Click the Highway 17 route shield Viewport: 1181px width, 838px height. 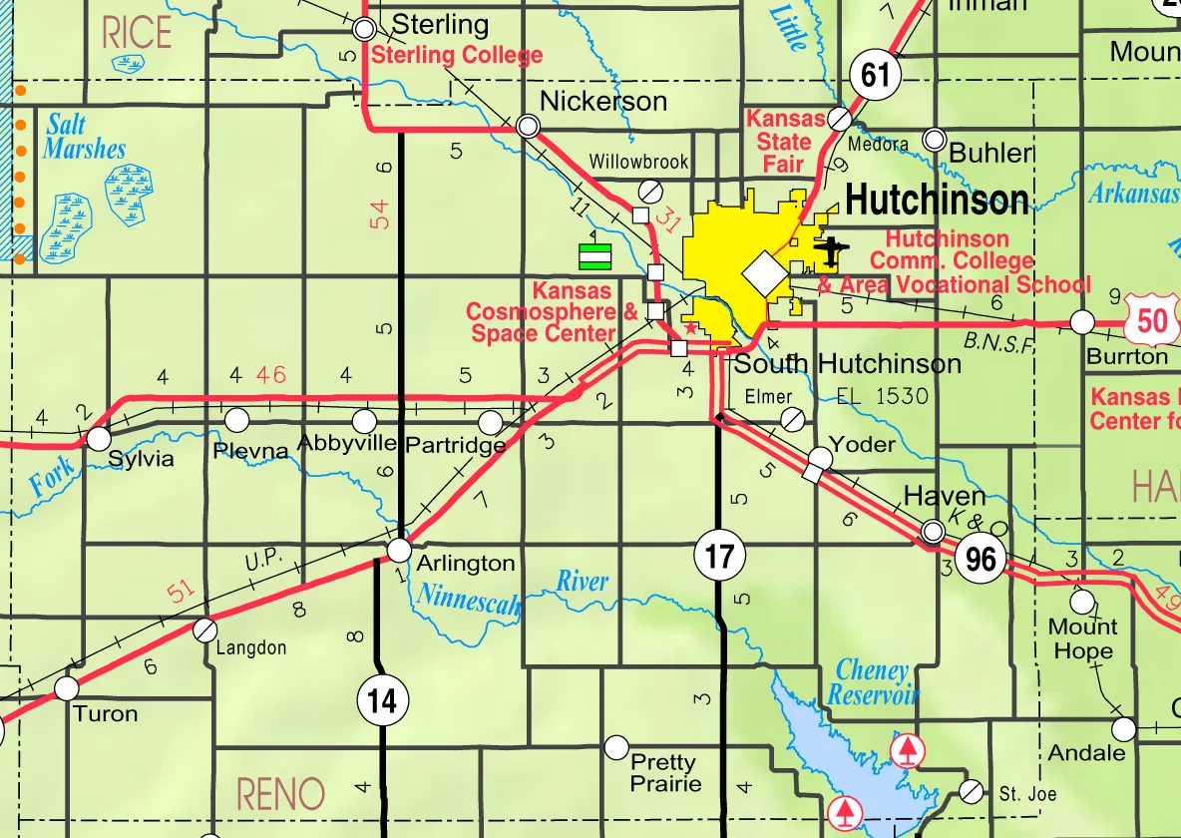pos(719,556)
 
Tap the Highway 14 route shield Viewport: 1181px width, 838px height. pos(382,701)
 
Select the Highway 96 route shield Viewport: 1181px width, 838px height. pos(981,559)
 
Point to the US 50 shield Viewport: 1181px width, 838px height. pos(1150,320)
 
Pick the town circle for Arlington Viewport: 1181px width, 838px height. pos(399,550)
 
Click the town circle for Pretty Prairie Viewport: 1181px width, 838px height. pos(616,746)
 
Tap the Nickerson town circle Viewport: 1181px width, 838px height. pos(529,126)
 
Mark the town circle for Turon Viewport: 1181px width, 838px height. pos(67,687)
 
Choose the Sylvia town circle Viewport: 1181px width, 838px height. pos(99,438)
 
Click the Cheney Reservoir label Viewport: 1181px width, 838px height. pos(872,682)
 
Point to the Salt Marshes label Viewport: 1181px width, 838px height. pos(85,138)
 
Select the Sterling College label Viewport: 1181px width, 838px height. pos(457,56)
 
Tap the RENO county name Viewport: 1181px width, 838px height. pos(280,795)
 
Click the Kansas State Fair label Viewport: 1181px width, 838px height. pos(786,142)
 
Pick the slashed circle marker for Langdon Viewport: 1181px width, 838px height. pos(204,629)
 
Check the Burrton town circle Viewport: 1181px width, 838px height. pos(1082,321)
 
